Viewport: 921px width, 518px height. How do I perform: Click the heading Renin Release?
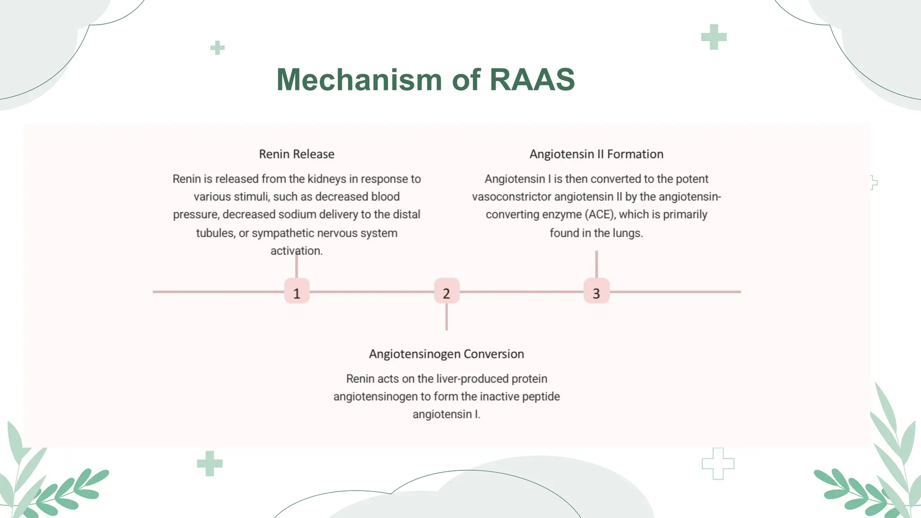pyautogui.click(x=296, y=154)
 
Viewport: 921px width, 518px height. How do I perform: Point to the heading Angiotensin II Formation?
pyautogui.click(x=596, y=154)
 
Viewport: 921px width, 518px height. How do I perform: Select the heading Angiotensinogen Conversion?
pyautogui.click(x=446, y=354)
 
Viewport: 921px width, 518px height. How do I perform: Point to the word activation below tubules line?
pyautogui.click(x=296, y=251)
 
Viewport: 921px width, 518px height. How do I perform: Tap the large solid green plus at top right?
pyautogui.click(x=714, y=37)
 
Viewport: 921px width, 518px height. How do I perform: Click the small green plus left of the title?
pyautogui.click(x=217, y=48)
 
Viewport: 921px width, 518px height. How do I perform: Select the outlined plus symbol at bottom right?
pyautogui.click(x=718, y=464)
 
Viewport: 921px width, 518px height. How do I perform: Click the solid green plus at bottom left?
pyautogui.click(x=210, y=463)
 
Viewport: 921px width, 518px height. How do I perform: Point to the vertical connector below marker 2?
pyautogui.click(x=446, y=317)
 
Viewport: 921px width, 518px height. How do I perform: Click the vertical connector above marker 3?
pyautogui.click(x=596, y=264)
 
